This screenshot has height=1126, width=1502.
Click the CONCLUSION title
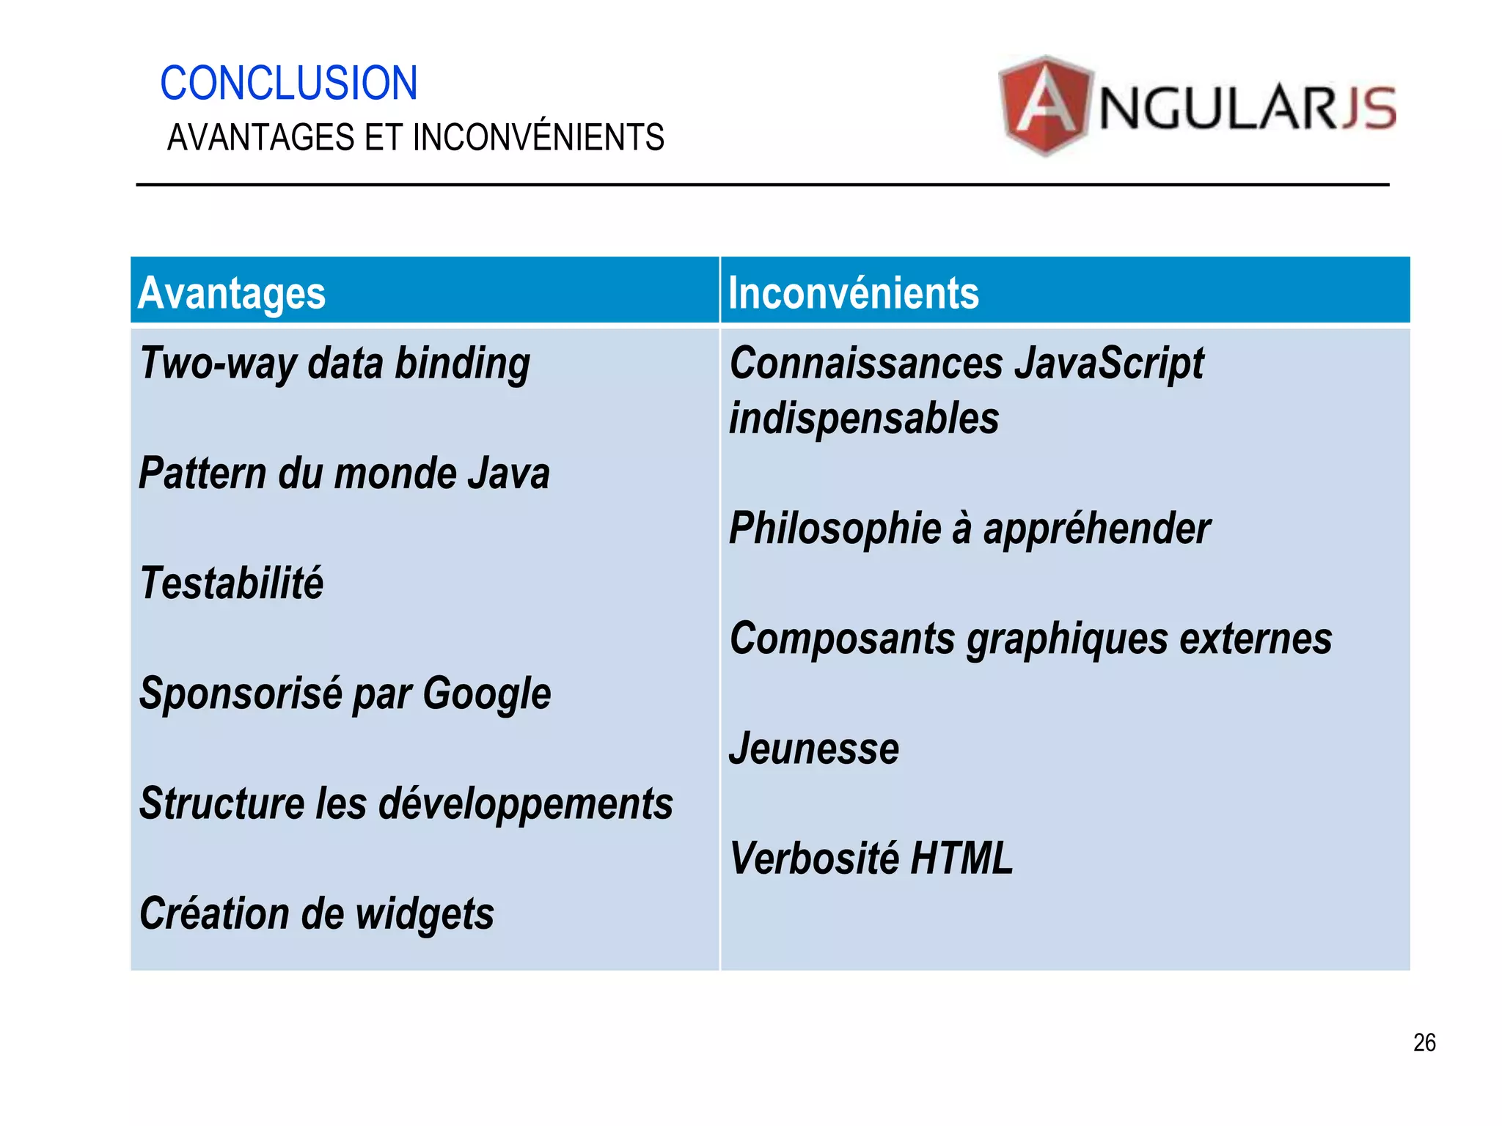click(x=288, y=83)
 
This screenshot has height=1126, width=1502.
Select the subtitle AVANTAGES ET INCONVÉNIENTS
click(x=415, y=138)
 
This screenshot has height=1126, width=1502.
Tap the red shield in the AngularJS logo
click(x=1045, y=106)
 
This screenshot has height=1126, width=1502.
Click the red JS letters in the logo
click(x=1369, y=108)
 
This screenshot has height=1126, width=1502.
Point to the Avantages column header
click(x=232, y=293)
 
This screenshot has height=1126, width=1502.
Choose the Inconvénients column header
click(x=853, y=293)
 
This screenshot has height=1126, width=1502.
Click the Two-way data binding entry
click(x=334, y=364)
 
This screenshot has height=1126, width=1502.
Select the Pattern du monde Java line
click(x=344, y=474)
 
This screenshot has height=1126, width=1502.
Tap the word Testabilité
click(x=231, y=584)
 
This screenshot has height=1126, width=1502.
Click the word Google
click(x=486, y=693)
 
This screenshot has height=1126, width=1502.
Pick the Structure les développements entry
click(x=406, y=803)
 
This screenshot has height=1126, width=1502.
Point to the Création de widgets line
click(x=316, y=914)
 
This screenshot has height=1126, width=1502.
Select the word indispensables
click(x=864, y=419)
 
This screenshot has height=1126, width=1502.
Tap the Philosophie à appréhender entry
click(x=969, y=529)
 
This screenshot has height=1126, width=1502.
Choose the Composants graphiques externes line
click(x=1030, y=639)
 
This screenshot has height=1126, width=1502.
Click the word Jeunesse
click(x=814, y=748)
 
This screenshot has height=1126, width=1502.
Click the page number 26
click(x=1424, y=1042)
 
